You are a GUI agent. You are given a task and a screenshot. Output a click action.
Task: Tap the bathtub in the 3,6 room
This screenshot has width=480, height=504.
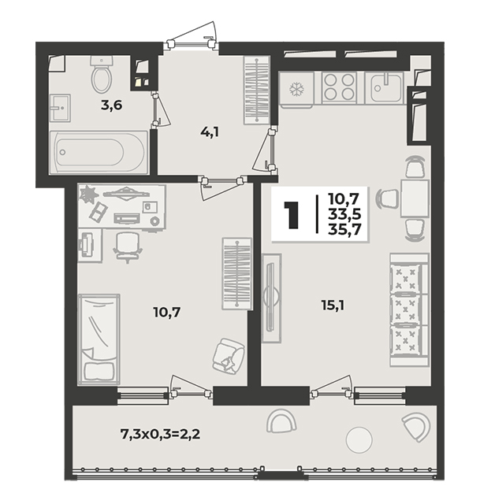coord(99,152)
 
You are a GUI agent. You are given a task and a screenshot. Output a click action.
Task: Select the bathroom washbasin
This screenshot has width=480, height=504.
coord(60,108)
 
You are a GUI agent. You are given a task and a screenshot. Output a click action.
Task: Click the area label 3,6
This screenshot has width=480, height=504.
coord(112,106)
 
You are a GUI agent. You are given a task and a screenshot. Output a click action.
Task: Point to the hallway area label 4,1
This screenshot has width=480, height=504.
coord(210,132)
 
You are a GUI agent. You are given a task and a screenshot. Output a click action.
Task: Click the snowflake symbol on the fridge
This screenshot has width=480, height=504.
coord(296,89)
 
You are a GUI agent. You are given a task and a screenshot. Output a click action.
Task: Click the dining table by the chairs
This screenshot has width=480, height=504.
coord(415,198)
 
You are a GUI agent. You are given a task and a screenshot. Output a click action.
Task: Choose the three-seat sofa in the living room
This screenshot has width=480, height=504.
coord(409,309)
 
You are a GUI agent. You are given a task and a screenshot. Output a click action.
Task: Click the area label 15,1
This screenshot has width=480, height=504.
coord(333,305)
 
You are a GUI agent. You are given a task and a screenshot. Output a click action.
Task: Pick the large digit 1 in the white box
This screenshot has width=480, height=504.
coord(292,215)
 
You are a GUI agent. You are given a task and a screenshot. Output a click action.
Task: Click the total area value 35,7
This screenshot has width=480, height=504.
coord(344,229)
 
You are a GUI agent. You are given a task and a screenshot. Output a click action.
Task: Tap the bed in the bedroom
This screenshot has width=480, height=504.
coord(99,339)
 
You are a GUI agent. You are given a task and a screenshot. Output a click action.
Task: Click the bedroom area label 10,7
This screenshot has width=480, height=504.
coord(167,312)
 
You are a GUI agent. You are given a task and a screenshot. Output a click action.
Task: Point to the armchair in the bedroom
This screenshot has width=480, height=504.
coord(229,355)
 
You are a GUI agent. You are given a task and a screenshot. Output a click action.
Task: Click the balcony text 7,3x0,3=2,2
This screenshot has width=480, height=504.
coord(160,434)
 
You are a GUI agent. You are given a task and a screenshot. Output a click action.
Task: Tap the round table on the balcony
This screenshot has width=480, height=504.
coord(359,439)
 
